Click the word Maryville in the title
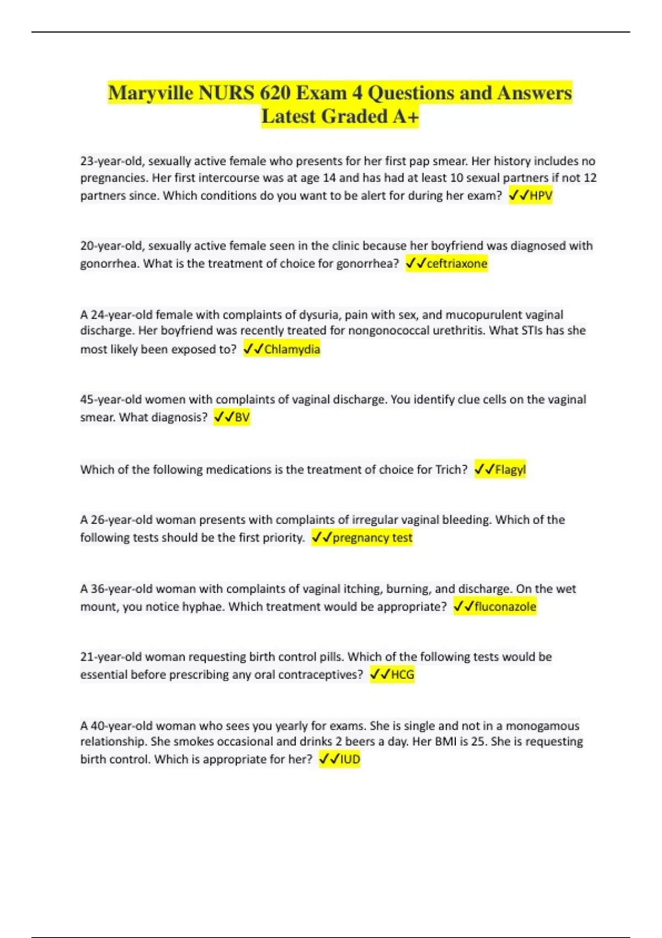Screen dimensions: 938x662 point(151,93)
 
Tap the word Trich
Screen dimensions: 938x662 point(450,470)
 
